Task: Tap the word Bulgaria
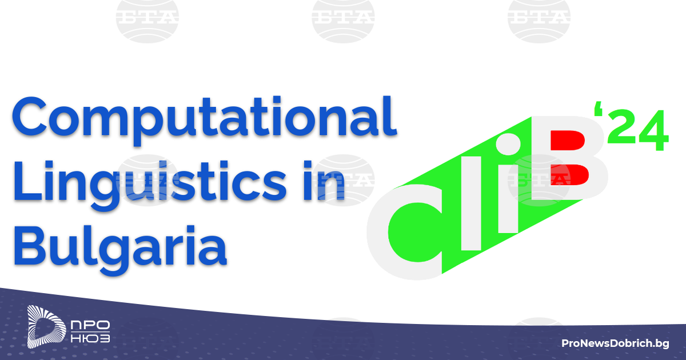[x=120, y=250]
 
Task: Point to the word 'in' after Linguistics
[x=324, y=180]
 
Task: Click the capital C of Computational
[x=30, y=117]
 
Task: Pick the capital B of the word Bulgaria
[x=30, y=246]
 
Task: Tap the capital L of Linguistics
[x=27, y=181]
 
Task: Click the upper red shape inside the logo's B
[x=567, y=140]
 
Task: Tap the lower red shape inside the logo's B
[x=569, y=175]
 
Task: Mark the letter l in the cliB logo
[x=471, y=203]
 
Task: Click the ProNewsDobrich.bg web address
[x=615, y=343]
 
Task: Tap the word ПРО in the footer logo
[x=90, y=326]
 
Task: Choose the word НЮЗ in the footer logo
[x=90, y=338]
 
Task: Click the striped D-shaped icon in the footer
[x=46, y=327]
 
